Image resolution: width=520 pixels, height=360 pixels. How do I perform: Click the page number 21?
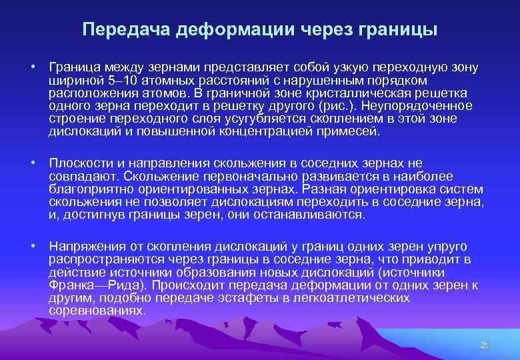(x=485, y=345)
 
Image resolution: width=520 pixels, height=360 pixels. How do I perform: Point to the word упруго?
(x=445, y=247)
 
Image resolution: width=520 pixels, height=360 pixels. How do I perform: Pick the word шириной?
(x=69, y=81)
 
